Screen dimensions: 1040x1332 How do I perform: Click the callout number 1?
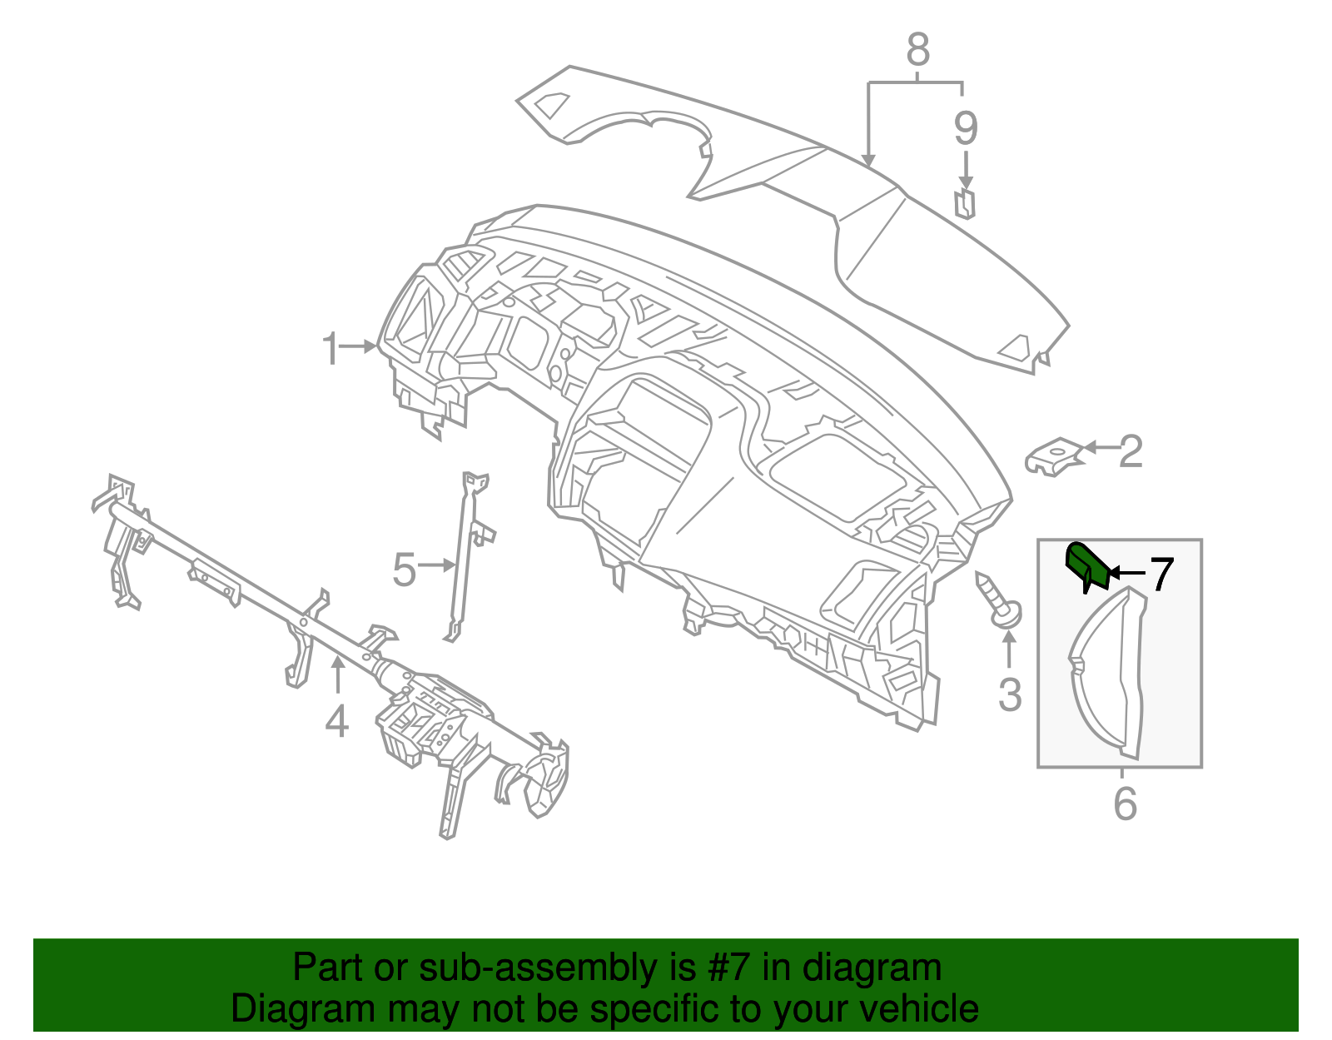(331, 348)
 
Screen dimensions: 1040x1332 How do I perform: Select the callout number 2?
(1131, 451)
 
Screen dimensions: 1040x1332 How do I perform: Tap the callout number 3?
(1009, 694)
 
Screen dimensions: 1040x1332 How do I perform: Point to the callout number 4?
(336, 721)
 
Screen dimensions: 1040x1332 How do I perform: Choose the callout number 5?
(404, 570)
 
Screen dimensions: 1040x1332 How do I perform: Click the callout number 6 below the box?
(1125, 804)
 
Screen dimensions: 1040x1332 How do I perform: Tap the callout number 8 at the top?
(917, 50)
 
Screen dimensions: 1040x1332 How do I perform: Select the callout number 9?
(965, 128)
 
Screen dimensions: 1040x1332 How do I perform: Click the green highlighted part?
(1086, 564)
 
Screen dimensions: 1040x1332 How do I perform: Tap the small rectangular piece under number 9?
(965, 202)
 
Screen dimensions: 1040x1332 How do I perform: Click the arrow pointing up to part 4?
(337, 674)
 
